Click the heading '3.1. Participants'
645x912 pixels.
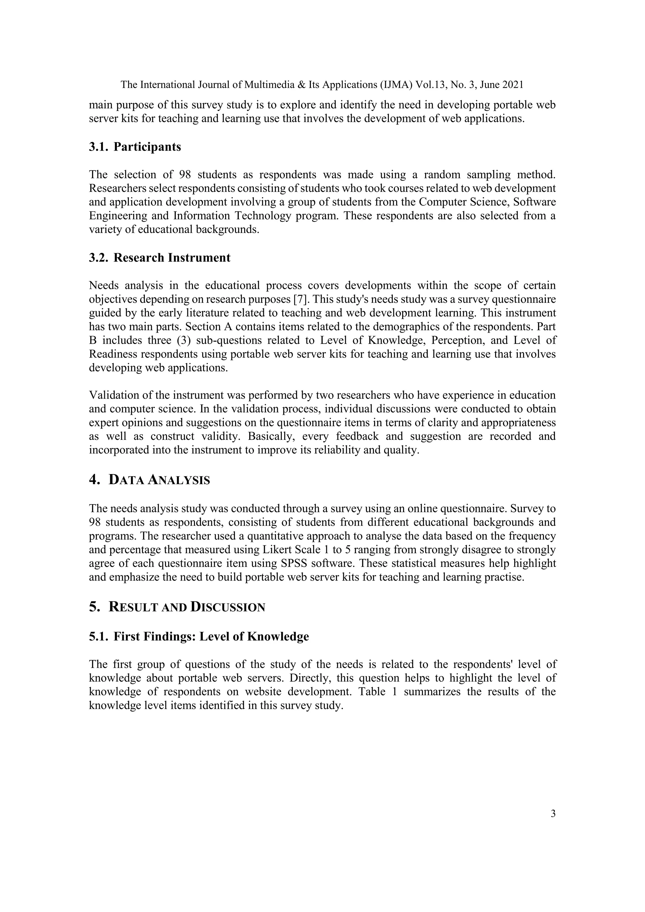click(x=135, y=147)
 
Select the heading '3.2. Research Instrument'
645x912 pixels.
click(x=160, y=258)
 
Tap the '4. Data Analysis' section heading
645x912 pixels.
click(x=149, y=480)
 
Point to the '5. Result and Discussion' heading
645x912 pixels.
click(x=177, y=607)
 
